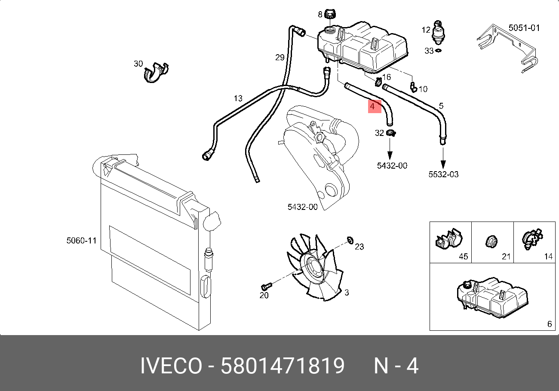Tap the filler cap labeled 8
330,14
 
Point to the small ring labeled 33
438,51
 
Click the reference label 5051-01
524,28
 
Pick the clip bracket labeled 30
156,73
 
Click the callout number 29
280,58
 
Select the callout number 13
238,99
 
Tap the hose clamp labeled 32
391,133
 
